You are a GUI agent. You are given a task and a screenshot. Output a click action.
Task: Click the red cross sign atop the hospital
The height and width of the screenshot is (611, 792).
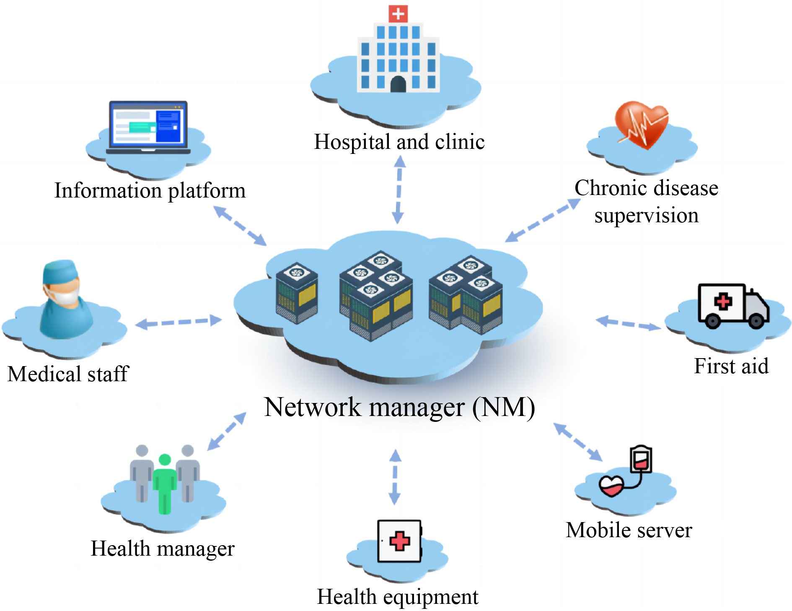coord(398,13)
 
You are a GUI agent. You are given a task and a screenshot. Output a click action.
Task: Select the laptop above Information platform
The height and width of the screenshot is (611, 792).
coord(148,127)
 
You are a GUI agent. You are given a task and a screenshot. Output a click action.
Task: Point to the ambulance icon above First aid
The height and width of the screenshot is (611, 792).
coord(733,306)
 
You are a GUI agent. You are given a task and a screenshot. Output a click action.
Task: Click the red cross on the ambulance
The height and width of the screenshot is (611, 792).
coord(723,302)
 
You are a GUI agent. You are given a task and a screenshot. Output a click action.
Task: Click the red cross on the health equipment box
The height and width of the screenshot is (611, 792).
coord(399,541)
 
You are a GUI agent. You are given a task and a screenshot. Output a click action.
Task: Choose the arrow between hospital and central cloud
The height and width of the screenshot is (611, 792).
coord(399,190)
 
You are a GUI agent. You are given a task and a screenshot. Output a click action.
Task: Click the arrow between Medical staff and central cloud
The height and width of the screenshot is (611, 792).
coord(179,322)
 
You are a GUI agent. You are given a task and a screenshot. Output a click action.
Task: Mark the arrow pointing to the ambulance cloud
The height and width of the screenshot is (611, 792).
coord(628,323)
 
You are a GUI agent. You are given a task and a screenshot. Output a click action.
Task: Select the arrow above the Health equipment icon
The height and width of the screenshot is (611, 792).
coord(395,477)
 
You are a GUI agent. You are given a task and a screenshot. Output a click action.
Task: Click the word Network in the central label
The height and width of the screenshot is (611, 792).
coord(313,407)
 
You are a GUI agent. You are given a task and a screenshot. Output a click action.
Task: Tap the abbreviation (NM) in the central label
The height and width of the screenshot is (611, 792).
coord(503,407)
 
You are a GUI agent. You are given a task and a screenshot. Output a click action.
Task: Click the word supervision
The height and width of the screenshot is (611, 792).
coord(646,216)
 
